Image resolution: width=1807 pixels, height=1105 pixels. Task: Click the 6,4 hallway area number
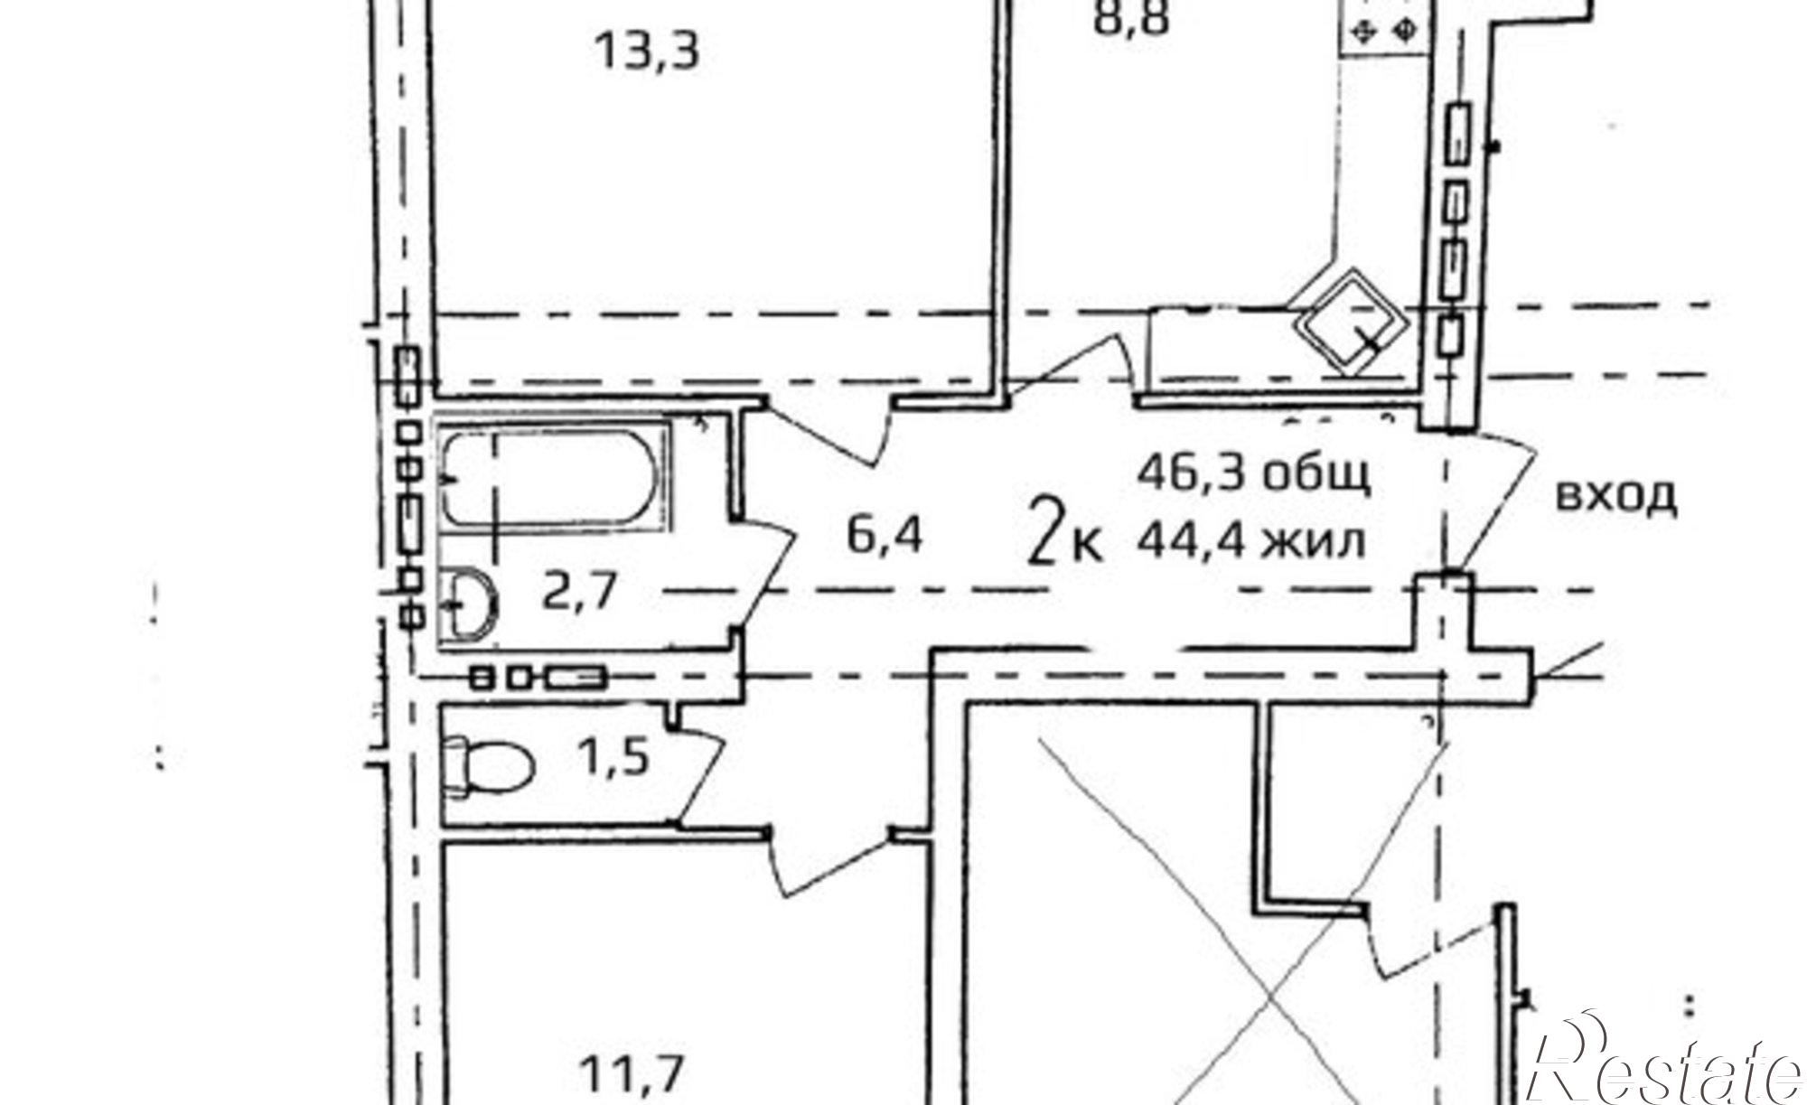[885, 538]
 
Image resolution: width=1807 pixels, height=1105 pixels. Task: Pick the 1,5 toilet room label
[613, 757]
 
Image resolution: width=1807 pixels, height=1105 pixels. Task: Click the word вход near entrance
[1616, 497]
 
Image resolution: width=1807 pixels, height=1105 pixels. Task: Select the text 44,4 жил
[1250, 542]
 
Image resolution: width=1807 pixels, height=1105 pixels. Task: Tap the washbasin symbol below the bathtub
[471, 601]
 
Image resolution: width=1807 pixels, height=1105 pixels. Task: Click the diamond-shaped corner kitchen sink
[1349, 323]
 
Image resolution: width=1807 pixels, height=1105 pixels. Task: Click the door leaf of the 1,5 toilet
[700, 777]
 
